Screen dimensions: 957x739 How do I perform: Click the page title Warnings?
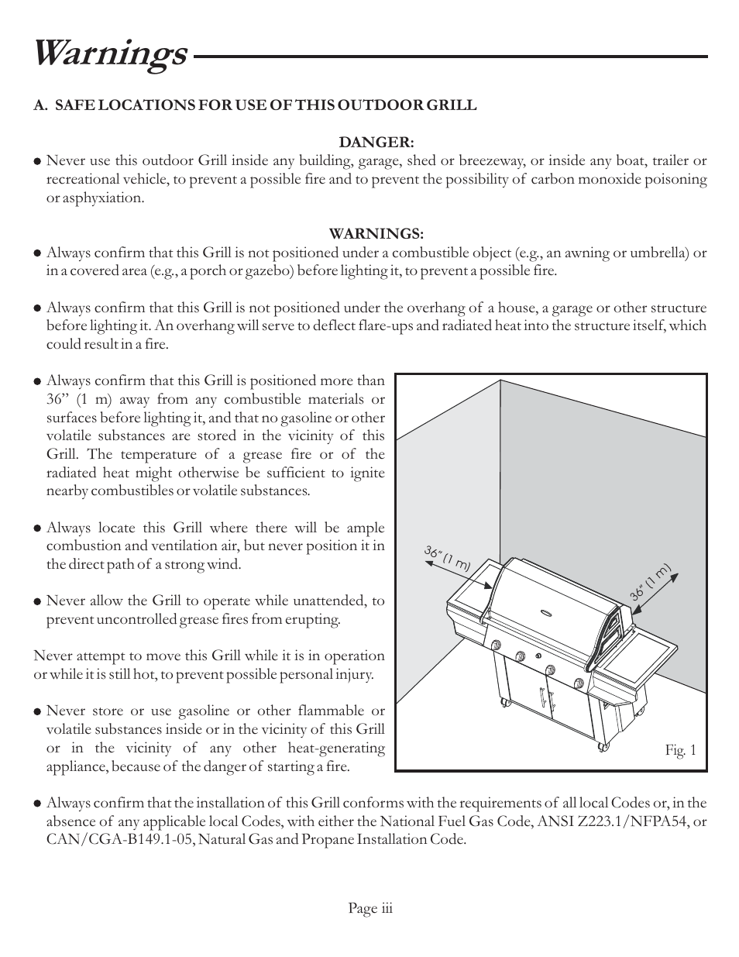coord(110,54)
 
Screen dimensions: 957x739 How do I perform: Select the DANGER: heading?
coord(376,143)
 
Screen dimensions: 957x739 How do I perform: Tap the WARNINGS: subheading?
coord(376,233)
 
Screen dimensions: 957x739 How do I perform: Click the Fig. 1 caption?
coord(681,750)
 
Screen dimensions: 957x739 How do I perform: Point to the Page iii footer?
coord(370,908)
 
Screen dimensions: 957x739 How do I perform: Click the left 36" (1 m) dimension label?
coord(448,559)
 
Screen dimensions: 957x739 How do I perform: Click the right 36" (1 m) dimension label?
coord(649,581)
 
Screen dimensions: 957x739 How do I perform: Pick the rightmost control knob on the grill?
coord(579,681)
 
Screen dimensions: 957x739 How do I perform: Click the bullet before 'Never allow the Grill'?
coord(37,601)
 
